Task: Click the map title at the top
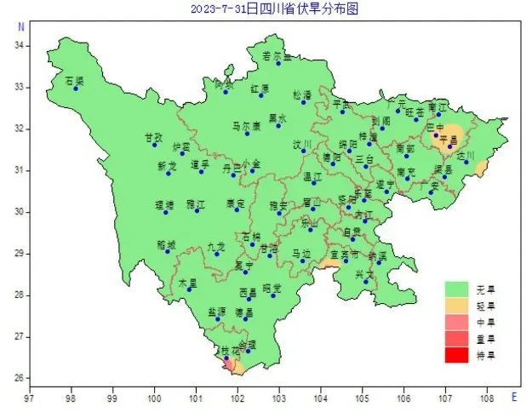pyautogui.click(x=266, y=9)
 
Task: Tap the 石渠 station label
pyautogui.click(x=75, y=81)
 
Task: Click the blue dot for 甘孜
pyautogui.click(x=154, y=145)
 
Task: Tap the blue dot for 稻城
pyautogui.click(x=168, y=251)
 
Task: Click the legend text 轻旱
pyautogui.click(x=488, y=305)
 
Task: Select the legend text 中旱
pyautogui.click(x=488, y=322)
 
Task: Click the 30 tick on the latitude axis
pyautogui.click(x=21, y=212)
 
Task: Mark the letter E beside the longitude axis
pyautogui.click(x=513, y=397)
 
